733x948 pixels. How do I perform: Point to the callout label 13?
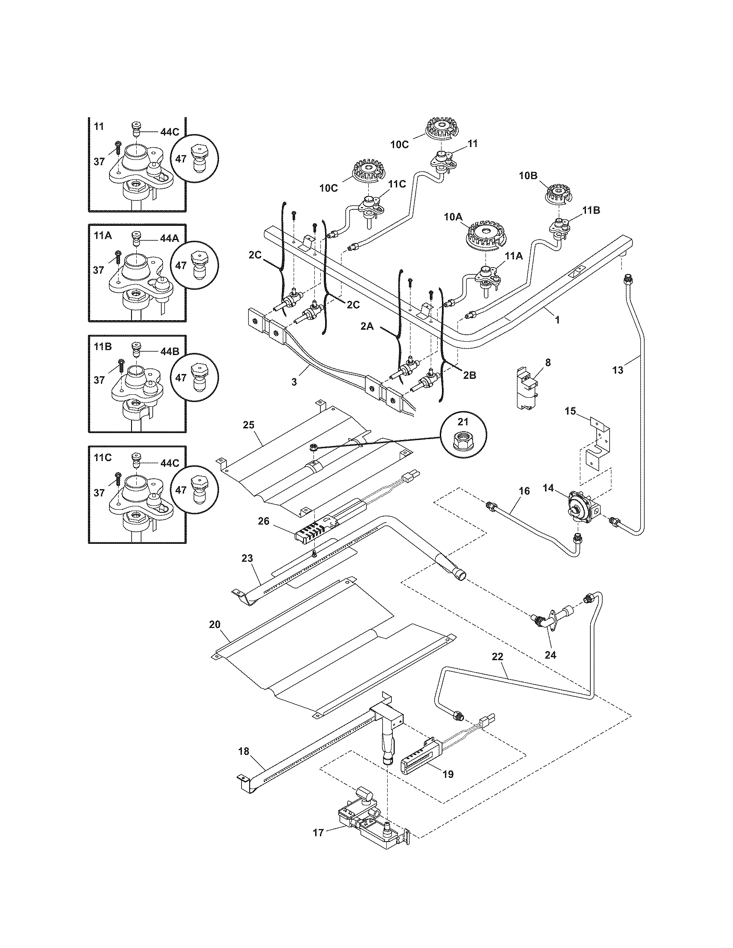617,370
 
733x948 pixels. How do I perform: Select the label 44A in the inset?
169,238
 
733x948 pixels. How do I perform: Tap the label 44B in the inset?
169,351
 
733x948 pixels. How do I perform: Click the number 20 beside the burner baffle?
215,624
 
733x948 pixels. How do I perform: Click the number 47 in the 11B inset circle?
181,377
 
